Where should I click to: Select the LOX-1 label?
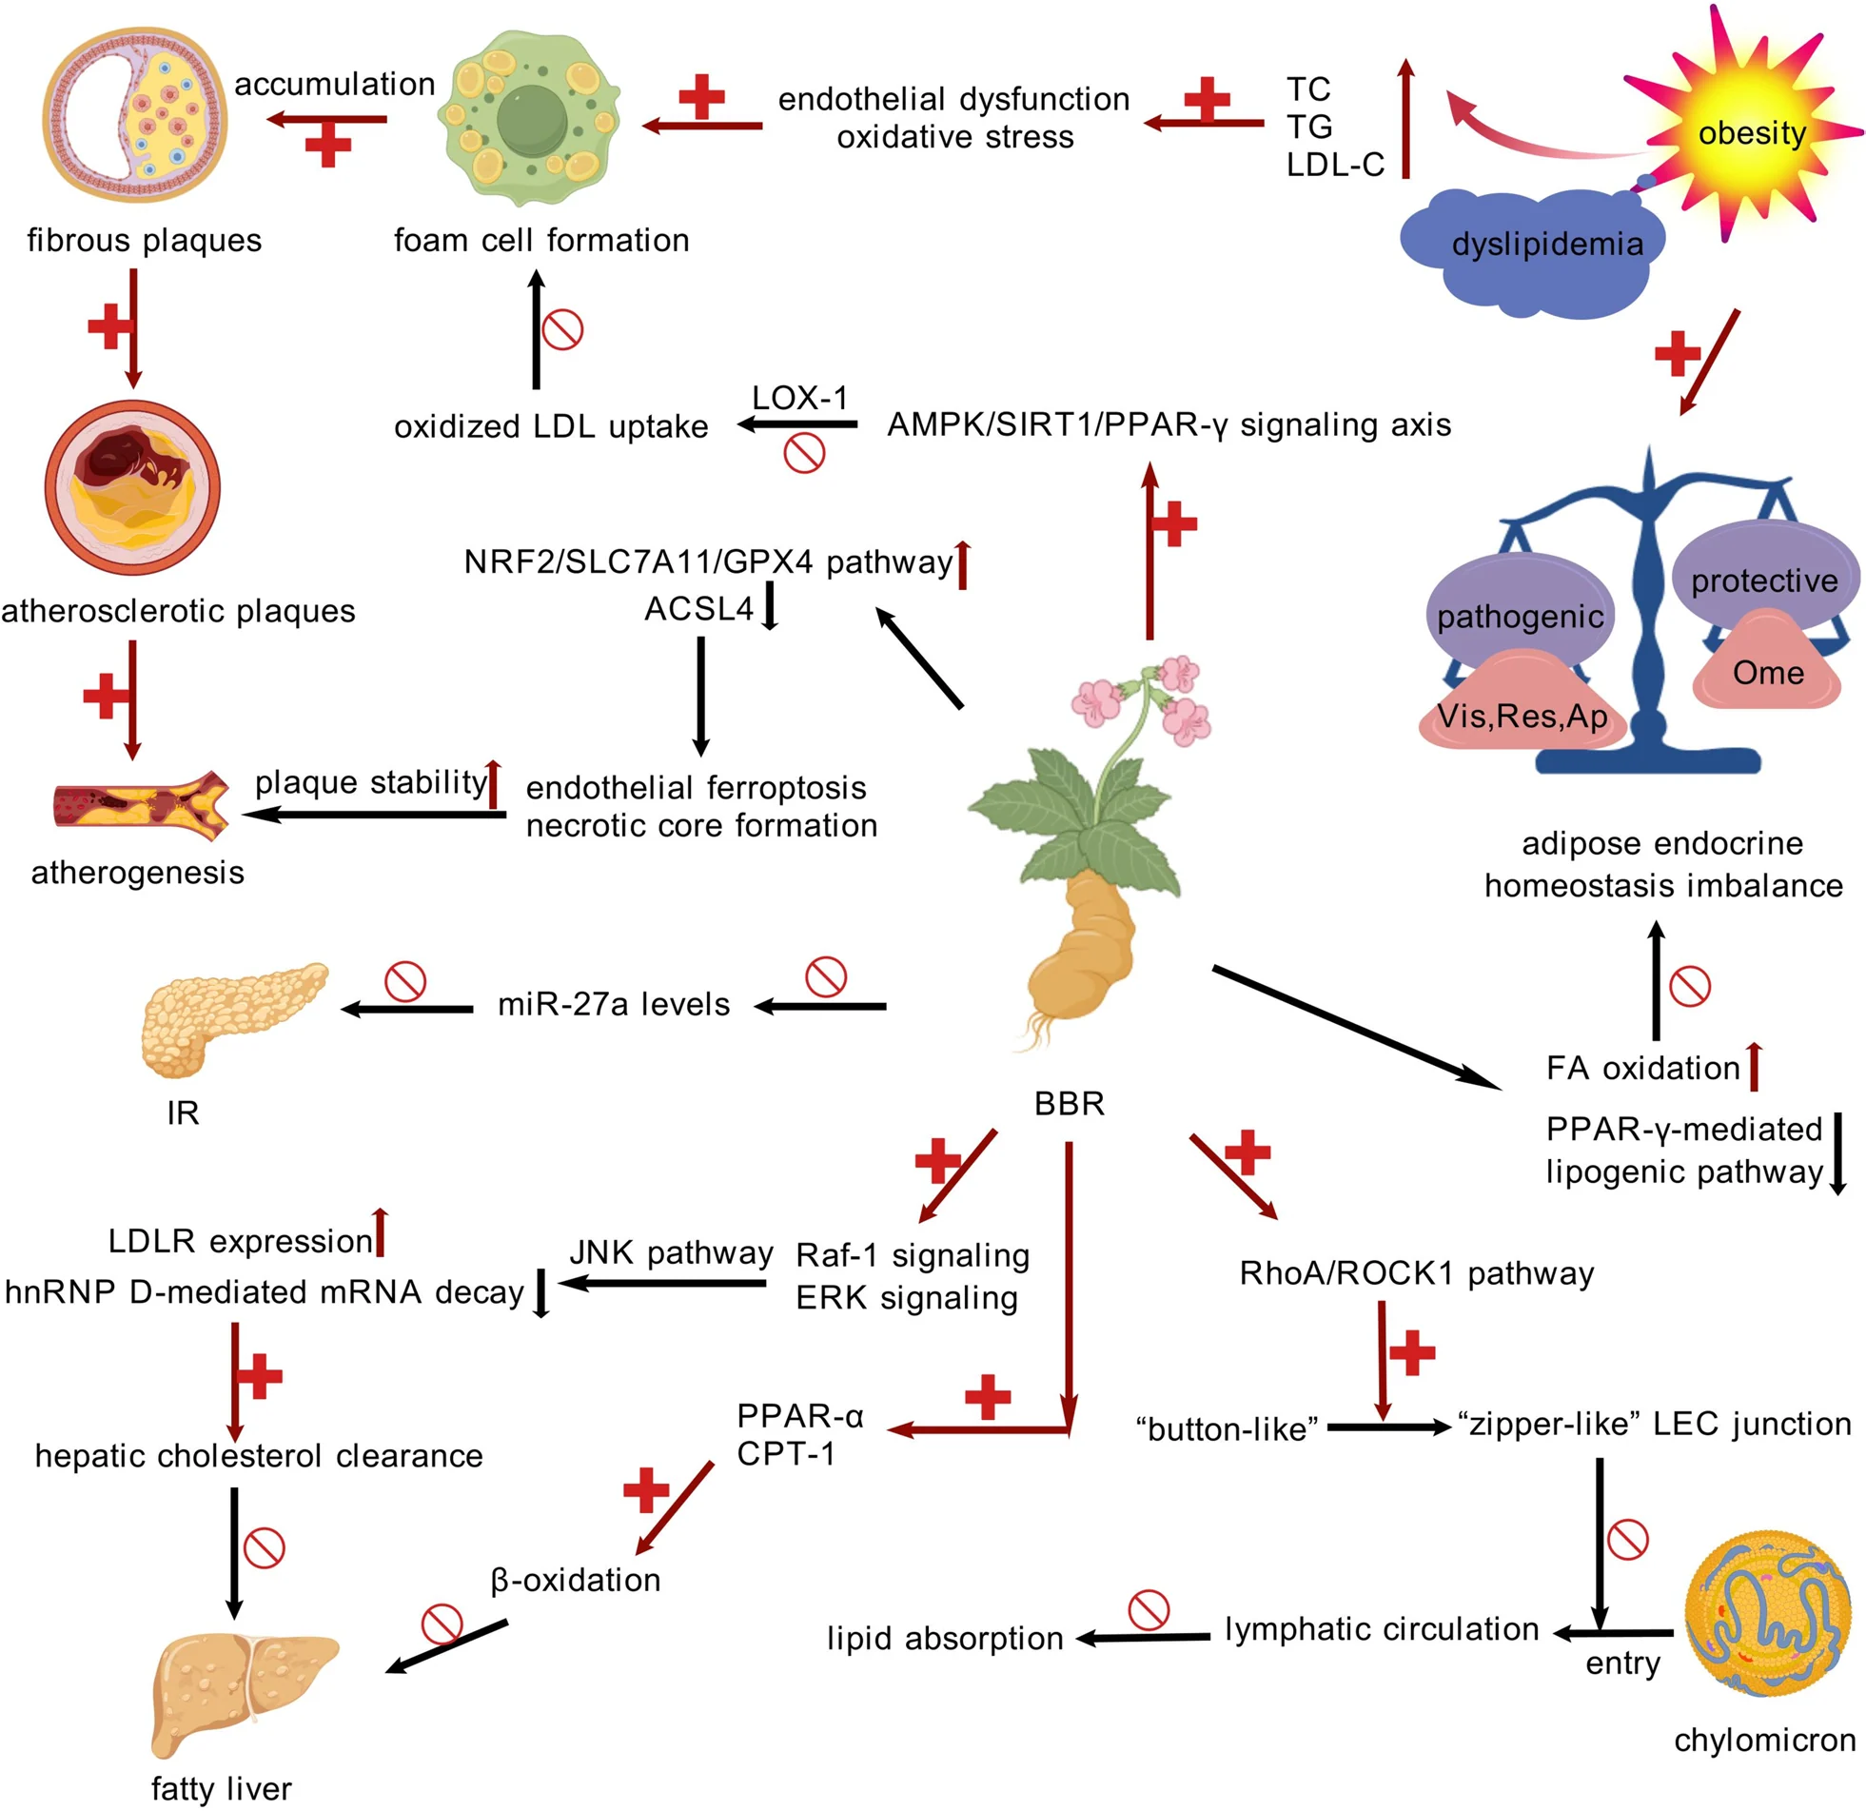click(799, 398)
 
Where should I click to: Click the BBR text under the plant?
click(1070, 1104)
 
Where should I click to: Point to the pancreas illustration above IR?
click(233, 1018)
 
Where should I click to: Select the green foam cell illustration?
click(528, 119)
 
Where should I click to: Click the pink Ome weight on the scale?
click(1767, 660)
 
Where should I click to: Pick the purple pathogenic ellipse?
click(1520, 610)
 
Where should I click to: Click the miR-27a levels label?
click(614, 1005)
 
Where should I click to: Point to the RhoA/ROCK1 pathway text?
click(1417, 1273)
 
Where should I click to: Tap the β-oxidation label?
click(575, 1581)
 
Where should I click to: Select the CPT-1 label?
click(786, 1454)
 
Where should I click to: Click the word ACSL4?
click(698, 608)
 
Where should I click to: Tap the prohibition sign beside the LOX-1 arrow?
click(804, 453)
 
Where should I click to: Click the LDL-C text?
click(1335, 165)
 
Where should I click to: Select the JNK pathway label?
click(671, 1253)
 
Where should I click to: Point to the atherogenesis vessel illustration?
click(142, 805)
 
